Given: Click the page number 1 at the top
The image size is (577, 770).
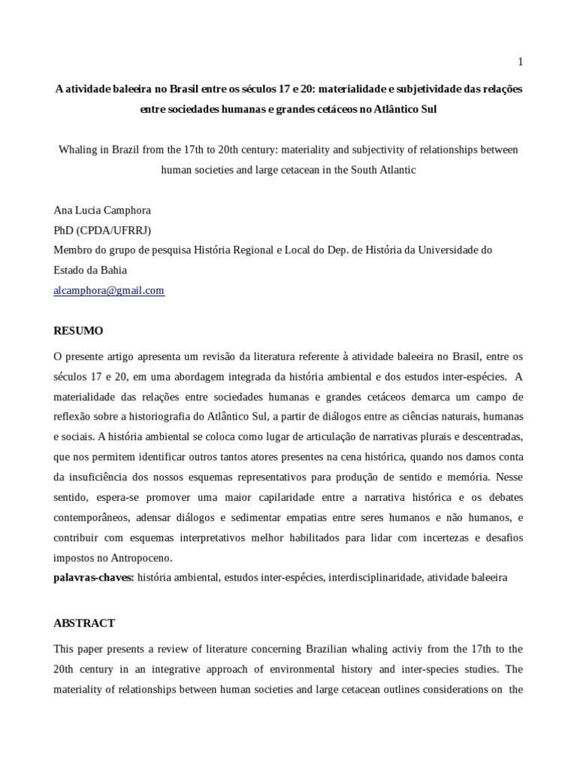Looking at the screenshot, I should point(520,61).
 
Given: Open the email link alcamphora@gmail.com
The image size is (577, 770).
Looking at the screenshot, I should point(109,290).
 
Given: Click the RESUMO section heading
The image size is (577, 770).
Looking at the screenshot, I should point(78,330).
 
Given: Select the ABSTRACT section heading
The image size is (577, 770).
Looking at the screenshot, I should point(84,623).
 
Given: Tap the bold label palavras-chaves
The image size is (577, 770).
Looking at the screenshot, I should point(94,577).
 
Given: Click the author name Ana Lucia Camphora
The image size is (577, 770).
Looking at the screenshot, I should point(103,211).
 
